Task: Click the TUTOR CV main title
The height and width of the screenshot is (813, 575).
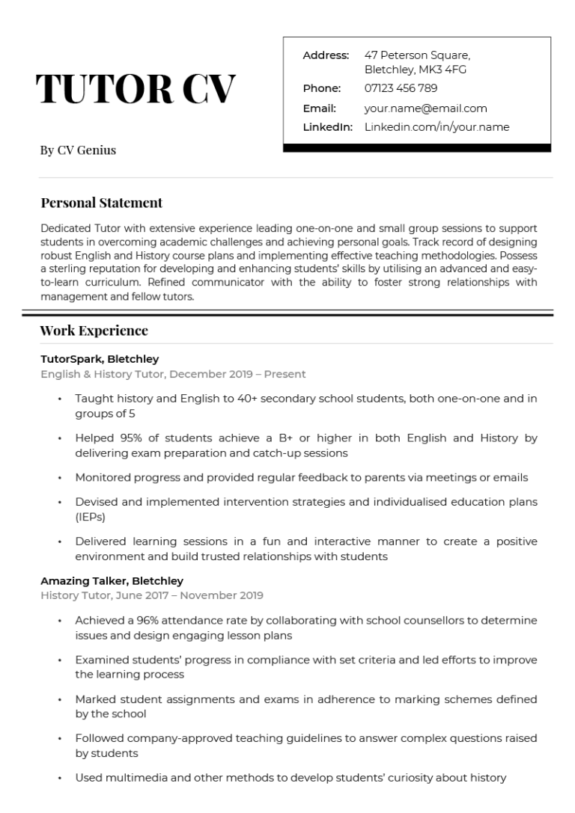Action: tap(136, 90)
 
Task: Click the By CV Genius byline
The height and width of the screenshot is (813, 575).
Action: tap(78, 150)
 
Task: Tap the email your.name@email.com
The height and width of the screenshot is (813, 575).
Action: tap(425, 108)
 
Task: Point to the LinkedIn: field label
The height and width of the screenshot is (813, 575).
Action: tap(327, 127)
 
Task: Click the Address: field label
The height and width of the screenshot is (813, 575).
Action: tap(326, 55)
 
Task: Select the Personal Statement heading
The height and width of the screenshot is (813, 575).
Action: tap(101, 203)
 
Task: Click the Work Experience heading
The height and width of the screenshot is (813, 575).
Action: tap(94, 331)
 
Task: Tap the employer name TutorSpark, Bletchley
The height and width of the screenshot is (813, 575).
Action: tap(100, 359)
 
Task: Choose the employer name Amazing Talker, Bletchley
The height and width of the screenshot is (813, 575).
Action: tap(112, 581)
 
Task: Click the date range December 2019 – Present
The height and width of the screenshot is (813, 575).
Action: tap(242, 374)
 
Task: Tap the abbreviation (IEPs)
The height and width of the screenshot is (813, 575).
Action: tap(90, 517)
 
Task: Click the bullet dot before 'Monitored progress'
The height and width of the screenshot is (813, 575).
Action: tap(59, 478)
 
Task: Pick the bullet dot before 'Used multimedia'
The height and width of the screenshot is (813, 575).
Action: tap(59, 779)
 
